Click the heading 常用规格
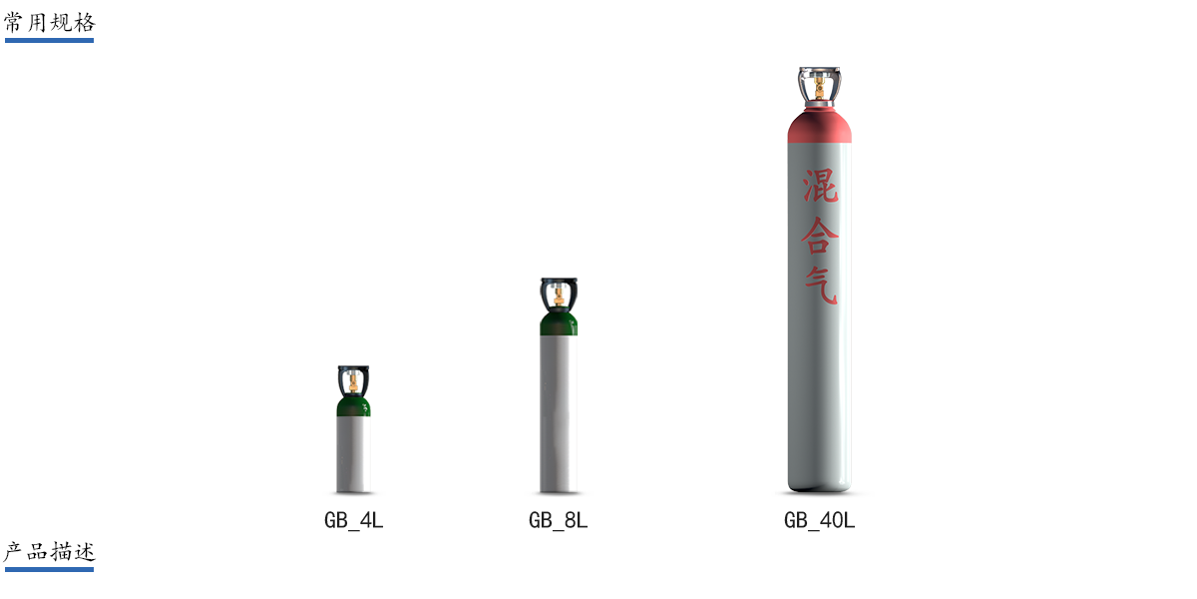pos(49,23)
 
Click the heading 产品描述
pos(49,551)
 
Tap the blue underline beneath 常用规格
pos(49,40)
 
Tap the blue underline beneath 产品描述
pos(49,569)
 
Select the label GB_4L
pos(354,520)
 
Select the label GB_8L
pos(558,520)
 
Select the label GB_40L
pos(819,520)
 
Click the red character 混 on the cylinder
pos(820,186)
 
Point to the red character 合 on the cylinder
pos(820,236)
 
